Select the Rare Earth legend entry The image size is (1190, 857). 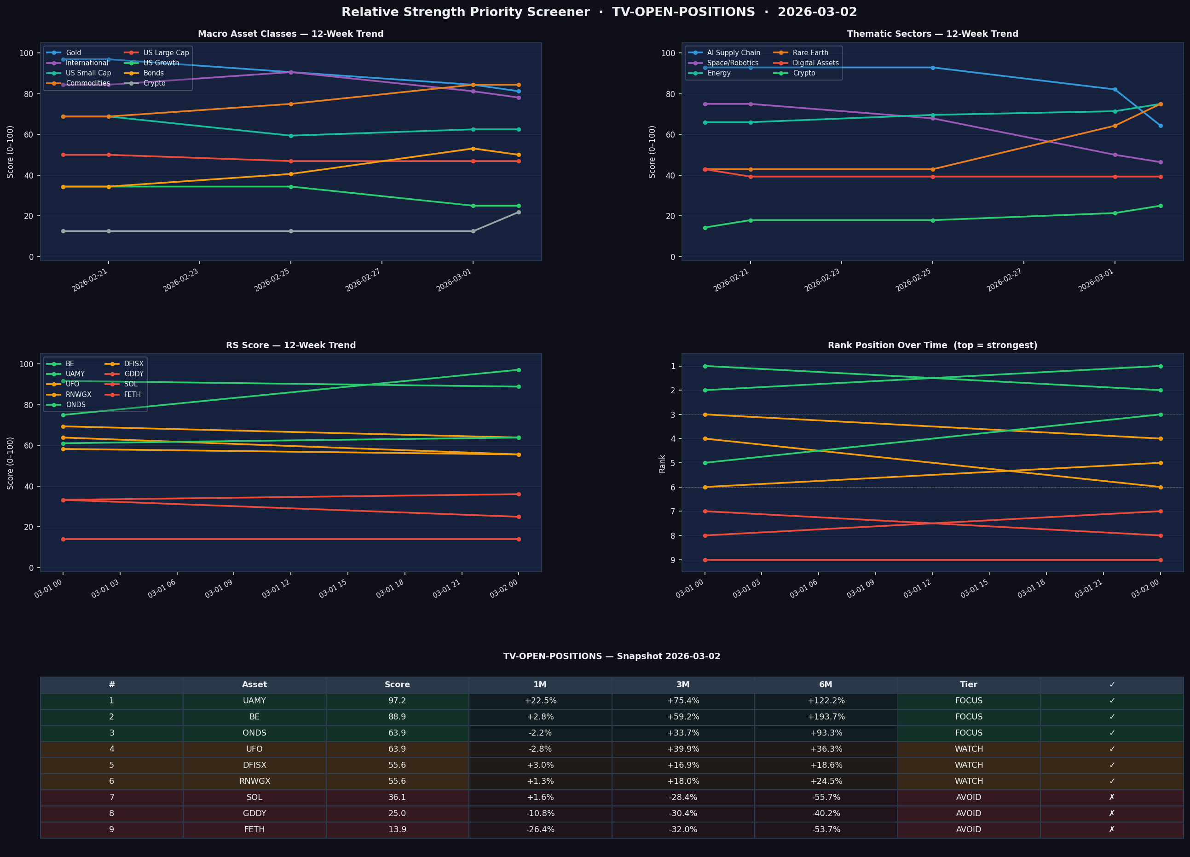(810, 53)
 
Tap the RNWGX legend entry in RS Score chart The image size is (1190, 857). (78, 394)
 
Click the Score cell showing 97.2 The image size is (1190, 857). (397, 701)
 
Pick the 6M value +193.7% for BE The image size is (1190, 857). (826, 717)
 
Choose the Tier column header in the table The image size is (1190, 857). (969, 684)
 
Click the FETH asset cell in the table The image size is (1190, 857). (254, 830)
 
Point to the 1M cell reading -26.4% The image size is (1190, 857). (540, 830)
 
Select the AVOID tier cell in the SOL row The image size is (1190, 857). (969, 797)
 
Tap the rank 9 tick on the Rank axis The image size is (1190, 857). (672, 560)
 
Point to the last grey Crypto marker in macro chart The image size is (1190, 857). (519, 212)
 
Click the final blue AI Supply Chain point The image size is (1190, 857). (1160, 126)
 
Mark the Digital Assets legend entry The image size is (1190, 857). (815, 63)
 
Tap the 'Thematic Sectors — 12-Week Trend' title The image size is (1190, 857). (932, 34)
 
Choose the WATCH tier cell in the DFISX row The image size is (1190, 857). (969, 765)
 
